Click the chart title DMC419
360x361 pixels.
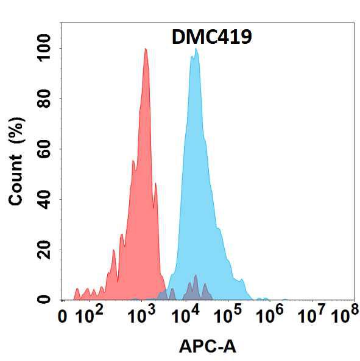[211, 37]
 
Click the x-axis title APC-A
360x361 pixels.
[208, 347]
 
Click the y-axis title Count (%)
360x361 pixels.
[16, 161]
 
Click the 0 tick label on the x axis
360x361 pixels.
[62, 317]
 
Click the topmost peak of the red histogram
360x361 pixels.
[146, 49]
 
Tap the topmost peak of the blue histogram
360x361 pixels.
[196, 49]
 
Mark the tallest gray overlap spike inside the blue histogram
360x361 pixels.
[196, 275]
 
